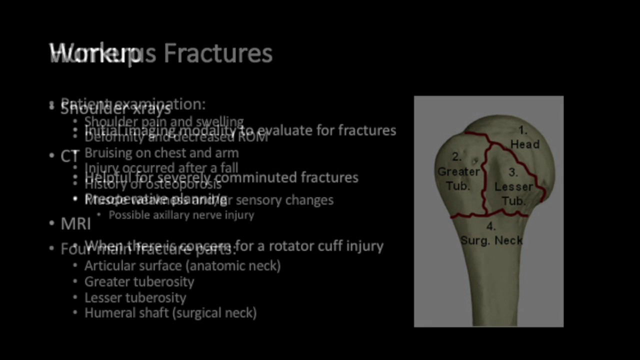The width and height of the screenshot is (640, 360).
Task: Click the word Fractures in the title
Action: click(x=218, y=53)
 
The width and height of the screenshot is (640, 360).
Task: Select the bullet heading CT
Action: click(x=69, y=156)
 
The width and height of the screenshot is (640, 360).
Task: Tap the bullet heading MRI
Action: click(x=75, y=224)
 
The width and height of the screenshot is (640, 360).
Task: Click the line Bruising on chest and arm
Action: click(x=161, y=153)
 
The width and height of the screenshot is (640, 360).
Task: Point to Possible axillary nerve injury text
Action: click(x=181, y=215)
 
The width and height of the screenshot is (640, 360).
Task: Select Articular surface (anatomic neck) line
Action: click(x=182, y=265)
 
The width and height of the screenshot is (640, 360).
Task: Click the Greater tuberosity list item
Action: click(x=139, y=281)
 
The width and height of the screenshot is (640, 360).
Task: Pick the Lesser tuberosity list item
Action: click(x=135, y=297)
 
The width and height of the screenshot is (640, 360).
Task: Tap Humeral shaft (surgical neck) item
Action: click(x=170, y=313)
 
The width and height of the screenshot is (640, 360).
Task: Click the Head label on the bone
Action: click(x=524, y=144)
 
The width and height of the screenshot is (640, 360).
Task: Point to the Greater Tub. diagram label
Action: click(x=458, y=178)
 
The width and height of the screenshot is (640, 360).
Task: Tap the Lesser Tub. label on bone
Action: click(x=513, y=193)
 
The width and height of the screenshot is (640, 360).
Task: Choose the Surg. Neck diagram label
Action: click(x=491, y=240)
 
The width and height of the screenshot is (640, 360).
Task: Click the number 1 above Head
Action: click(x=522, y=130)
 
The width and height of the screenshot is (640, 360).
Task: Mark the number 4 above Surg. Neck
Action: click(x=491, y=226)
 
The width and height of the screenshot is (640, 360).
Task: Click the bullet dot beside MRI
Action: click(x=52, y=223)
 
